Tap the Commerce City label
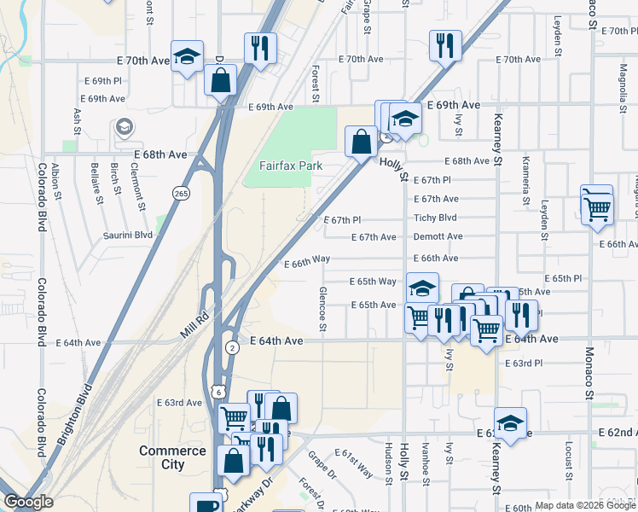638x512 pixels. click(x=172, y=457)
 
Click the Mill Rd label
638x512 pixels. click(x=194, y=325)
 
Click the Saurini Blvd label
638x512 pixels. click(x=128, y=235)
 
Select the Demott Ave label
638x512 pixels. click(x=438, y=236)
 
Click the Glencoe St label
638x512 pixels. click(x=323, y=308)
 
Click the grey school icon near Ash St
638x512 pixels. click(x=125, y=127)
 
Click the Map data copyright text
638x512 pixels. click(x=585, y=505)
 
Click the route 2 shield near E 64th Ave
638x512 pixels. click(x=232, y=348)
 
